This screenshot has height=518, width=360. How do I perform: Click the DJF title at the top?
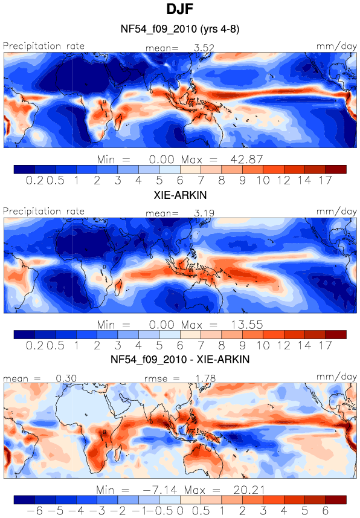(x=179, y=9)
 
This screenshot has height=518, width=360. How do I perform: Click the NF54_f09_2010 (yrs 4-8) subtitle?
(x=179, y=29)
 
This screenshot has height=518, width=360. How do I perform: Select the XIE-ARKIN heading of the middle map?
(x=180, y=195)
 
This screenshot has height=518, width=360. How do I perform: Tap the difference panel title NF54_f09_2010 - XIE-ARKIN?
(x=179, y=359)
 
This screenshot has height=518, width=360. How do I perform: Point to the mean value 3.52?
(x=204, y=48)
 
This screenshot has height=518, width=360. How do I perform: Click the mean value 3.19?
(x=204, y=213)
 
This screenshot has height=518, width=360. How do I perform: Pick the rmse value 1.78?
(x=205, y=378)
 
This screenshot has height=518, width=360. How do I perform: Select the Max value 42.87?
(x=246, y=160)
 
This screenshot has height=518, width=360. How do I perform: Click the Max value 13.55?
(x=246, y=325)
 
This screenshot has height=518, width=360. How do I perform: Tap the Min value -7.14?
(x=160, y=490)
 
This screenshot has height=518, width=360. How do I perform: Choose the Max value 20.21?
(x=249, y=490)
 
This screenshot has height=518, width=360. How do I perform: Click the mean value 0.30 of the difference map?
(x=66, y=378)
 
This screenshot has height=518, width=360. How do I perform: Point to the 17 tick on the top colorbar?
(x=326, y=180)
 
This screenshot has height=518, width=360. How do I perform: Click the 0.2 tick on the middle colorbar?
(x=34, y=346)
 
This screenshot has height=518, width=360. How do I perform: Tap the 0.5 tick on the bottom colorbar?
(x=201, y=511)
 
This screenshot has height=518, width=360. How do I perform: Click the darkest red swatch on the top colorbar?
(x=336, y=169)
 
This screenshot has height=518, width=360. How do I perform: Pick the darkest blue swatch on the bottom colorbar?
(x=24, y=500)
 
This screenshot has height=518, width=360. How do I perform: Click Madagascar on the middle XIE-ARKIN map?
(x=118, y=287)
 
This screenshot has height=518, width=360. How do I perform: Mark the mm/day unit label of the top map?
(x=336, y=47)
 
